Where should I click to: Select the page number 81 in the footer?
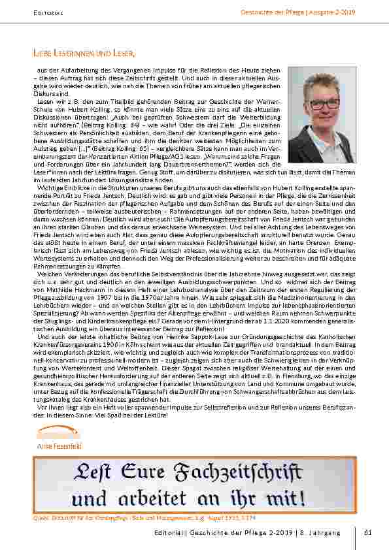[x=367, y=533]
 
